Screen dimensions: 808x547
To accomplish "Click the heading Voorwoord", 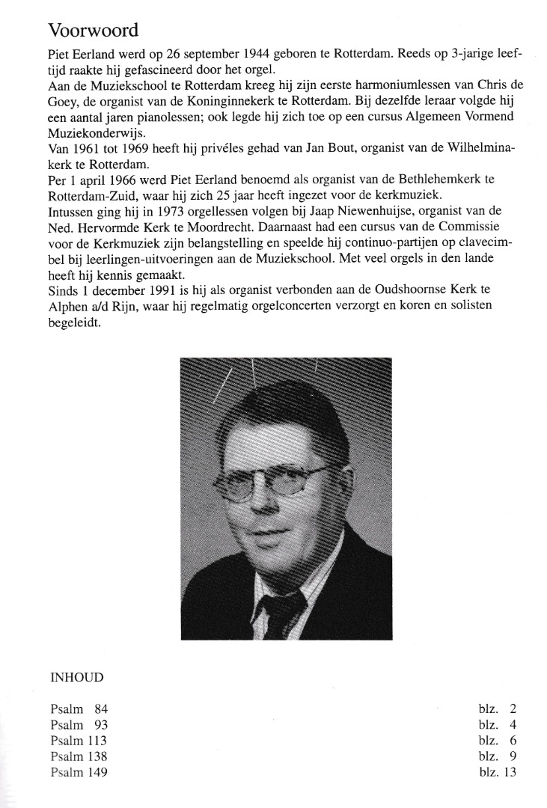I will [94, 31].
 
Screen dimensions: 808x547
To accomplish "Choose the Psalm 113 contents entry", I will [79, 741].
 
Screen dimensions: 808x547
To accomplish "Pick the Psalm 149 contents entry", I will [79, 772].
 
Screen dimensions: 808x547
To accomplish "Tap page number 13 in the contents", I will [510, 772].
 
